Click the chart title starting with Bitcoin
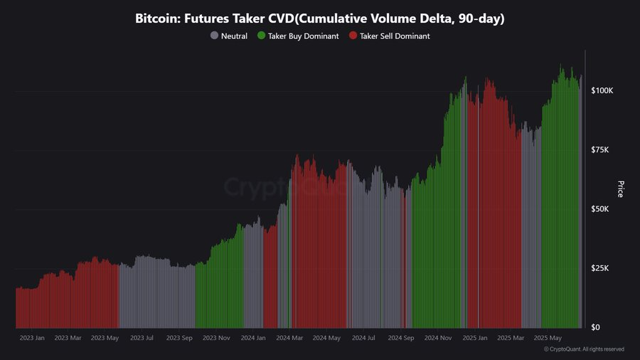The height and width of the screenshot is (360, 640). pos(320,19)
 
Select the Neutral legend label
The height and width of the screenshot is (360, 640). pos(234,36)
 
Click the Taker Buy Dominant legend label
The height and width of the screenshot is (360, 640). pos(304,36)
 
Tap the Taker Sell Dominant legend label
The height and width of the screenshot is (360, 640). pos(395,36)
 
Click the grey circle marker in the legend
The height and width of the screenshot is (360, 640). pos(214,36)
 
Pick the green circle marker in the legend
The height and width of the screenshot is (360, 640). pos(261,36)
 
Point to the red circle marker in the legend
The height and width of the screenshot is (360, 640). pos(353,36)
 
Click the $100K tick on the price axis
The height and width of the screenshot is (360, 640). pos(602,91)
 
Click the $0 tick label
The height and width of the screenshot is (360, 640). pos(597,327)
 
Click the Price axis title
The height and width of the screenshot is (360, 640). pos(620,189)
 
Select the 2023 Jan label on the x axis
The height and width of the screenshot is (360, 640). pos(32,338)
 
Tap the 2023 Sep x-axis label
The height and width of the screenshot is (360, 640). pos(179,338)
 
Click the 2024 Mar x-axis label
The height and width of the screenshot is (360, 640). pos(289,338)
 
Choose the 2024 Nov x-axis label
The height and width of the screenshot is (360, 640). pos(437,338)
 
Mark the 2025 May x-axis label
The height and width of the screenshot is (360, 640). pos(548,338)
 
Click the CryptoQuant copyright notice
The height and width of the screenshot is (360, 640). pos(584,349)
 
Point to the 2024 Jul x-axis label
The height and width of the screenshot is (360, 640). pos(363,338)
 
